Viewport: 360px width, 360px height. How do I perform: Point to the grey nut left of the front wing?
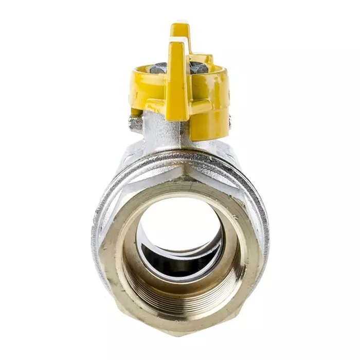159,67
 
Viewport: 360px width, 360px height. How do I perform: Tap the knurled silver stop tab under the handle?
136,122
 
